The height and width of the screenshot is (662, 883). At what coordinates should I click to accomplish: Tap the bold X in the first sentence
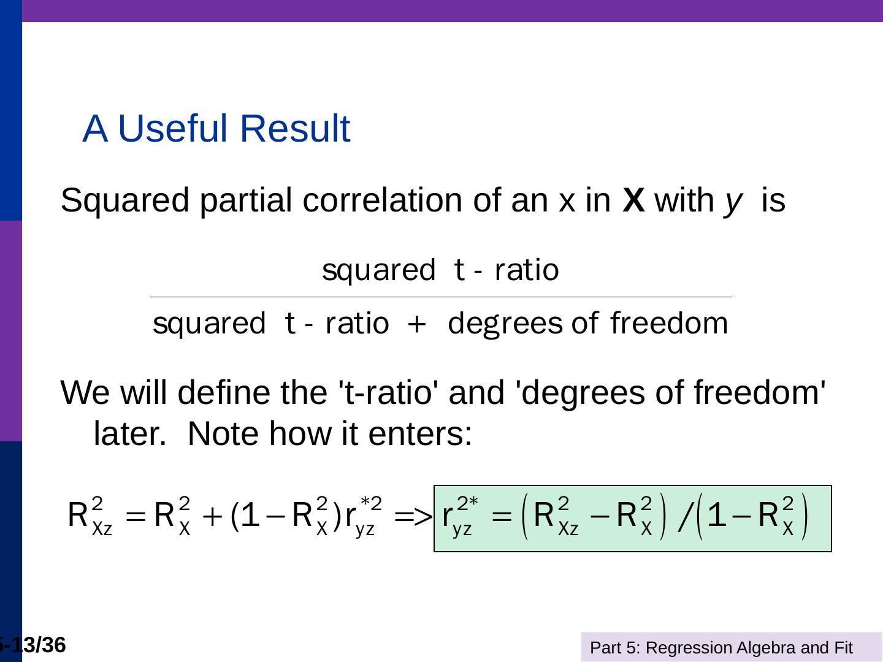(633, 200)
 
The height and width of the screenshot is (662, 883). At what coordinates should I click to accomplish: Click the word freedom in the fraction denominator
(669, 323)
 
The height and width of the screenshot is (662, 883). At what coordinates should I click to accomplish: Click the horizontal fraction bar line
(440, 297)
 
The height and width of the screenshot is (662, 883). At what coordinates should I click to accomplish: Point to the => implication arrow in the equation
(413, 517)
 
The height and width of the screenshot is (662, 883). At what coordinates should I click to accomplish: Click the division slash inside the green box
(686, 519)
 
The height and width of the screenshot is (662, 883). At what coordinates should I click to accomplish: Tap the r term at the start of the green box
(448, 516)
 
